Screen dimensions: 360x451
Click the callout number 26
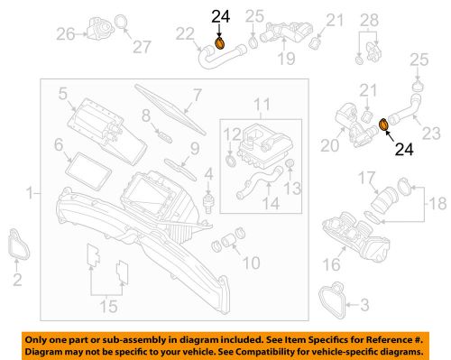64,35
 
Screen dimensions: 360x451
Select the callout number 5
62,92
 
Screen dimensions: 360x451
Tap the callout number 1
32,193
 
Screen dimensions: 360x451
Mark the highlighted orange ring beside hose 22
220,42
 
